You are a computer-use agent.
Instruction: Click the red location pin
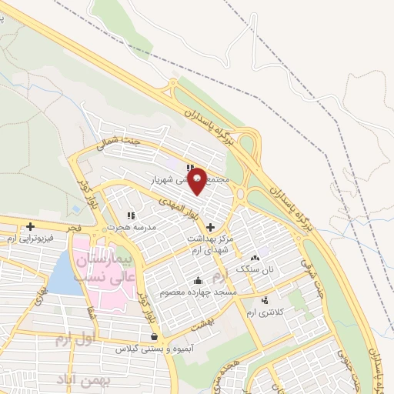tap(197, 182)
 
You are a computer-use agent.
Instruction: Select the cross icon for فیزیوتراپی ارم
tap(30, 226)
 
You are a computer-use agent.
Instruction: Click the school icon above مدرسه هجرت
tap(131, 215)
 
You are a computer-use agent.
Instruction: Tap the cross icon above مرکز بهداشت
tap(211, 226)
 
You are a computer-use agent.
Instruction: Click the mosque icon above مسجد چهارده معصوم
tap(199, 280)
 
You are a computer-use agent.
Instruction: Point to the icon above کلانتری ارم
tap(266, 300)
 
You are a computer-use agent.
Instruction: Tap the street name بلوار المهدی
tap(178, 203)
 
